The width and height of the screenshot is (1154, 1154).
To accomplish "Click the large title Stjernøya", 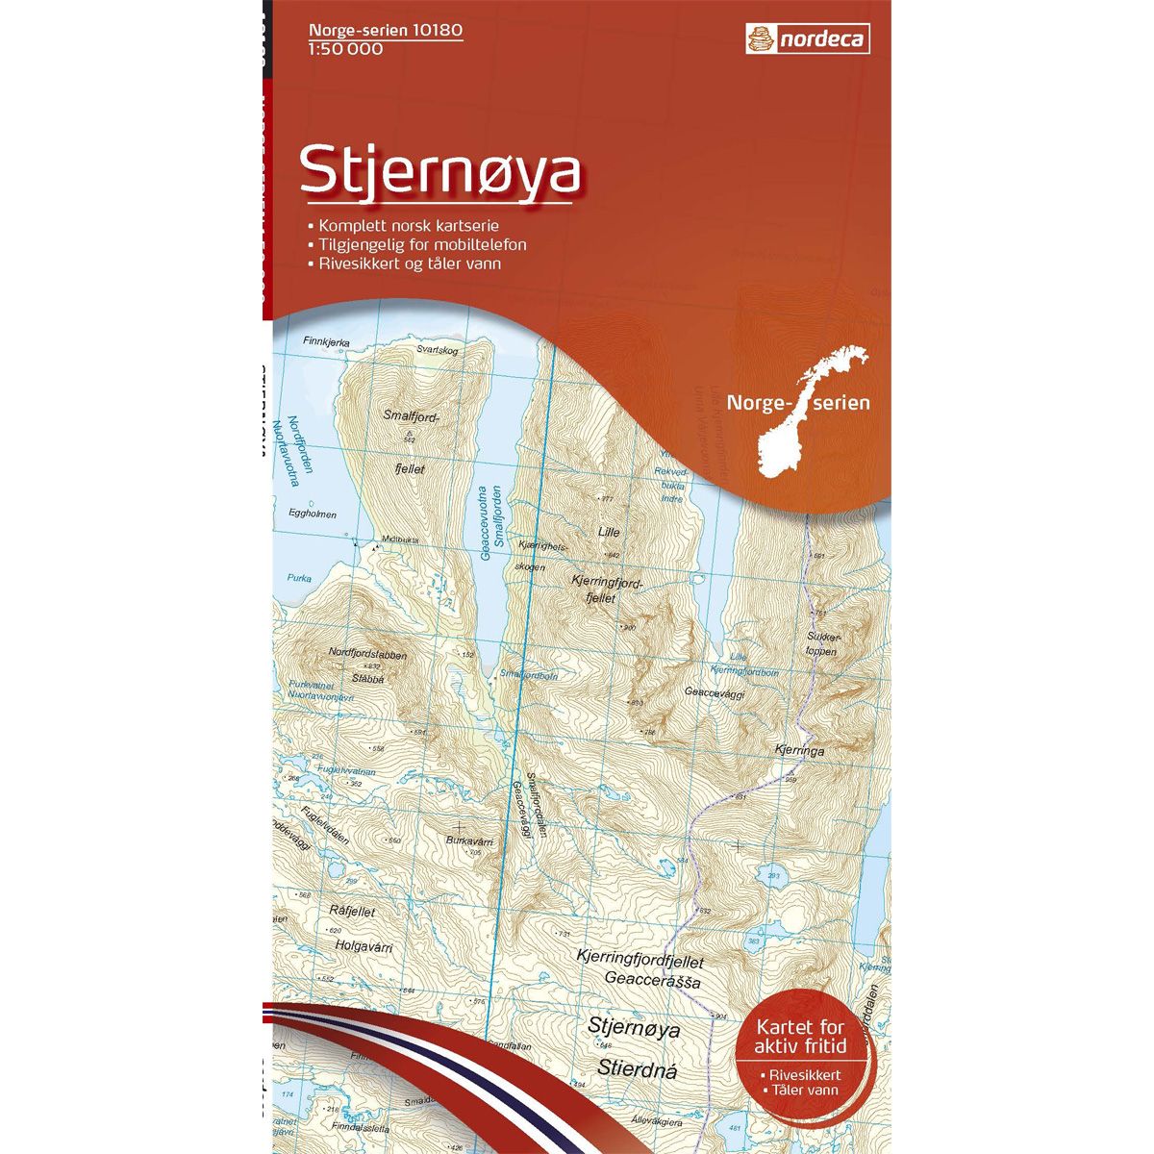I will (441, 172).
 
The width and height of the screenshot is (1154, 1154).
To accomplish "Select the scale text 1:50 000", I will (346, 49).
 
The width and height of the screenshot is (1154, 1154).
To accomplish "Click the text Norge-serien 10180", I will (386, 31).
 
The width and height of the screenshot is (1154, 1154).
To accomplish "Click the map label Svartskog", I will (439, 351).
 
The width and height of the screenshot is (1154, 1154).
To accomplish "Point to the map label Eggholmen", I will (313, 514).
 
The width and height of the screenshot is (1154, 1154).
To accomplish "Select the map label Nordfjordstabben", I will (368, 655).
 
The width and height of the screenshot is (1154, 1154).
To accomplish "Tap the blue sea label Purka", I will (299, 578).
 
